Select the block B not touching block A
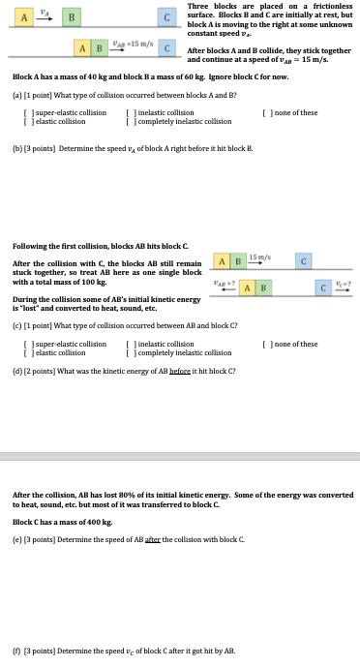(x=69, y=17)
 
